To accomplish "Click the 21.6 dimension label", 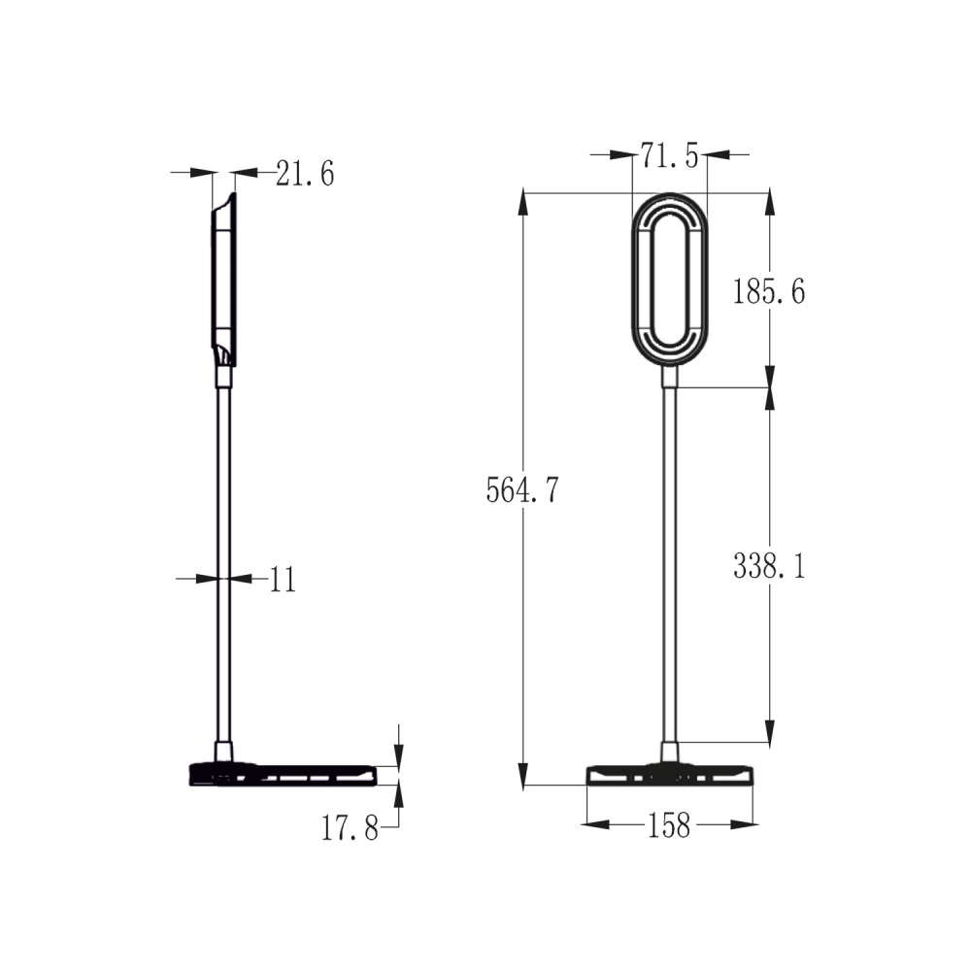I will (305, 174).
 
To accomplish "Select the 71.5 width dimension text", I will (669, 154).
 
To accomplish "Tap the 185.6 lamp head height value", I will (769, 290).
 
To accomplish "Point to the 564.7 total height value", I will (522, 490).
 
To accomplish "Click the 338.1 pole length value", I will (769, 567).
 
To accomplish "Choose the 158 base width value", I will (669, 825).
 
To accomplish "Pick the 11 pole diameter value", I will (283, 580).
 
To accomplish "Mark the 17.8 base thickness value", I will (350, 828).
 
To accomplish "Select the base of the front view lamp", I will (670, 775).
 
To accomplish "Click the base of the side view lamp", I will (282, 775).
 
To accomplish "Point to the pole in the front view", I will (670, 563).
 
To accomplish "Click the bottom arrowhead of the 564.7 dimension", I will (523, 775).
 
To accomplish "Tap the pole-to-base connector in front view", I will (670, 752).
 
